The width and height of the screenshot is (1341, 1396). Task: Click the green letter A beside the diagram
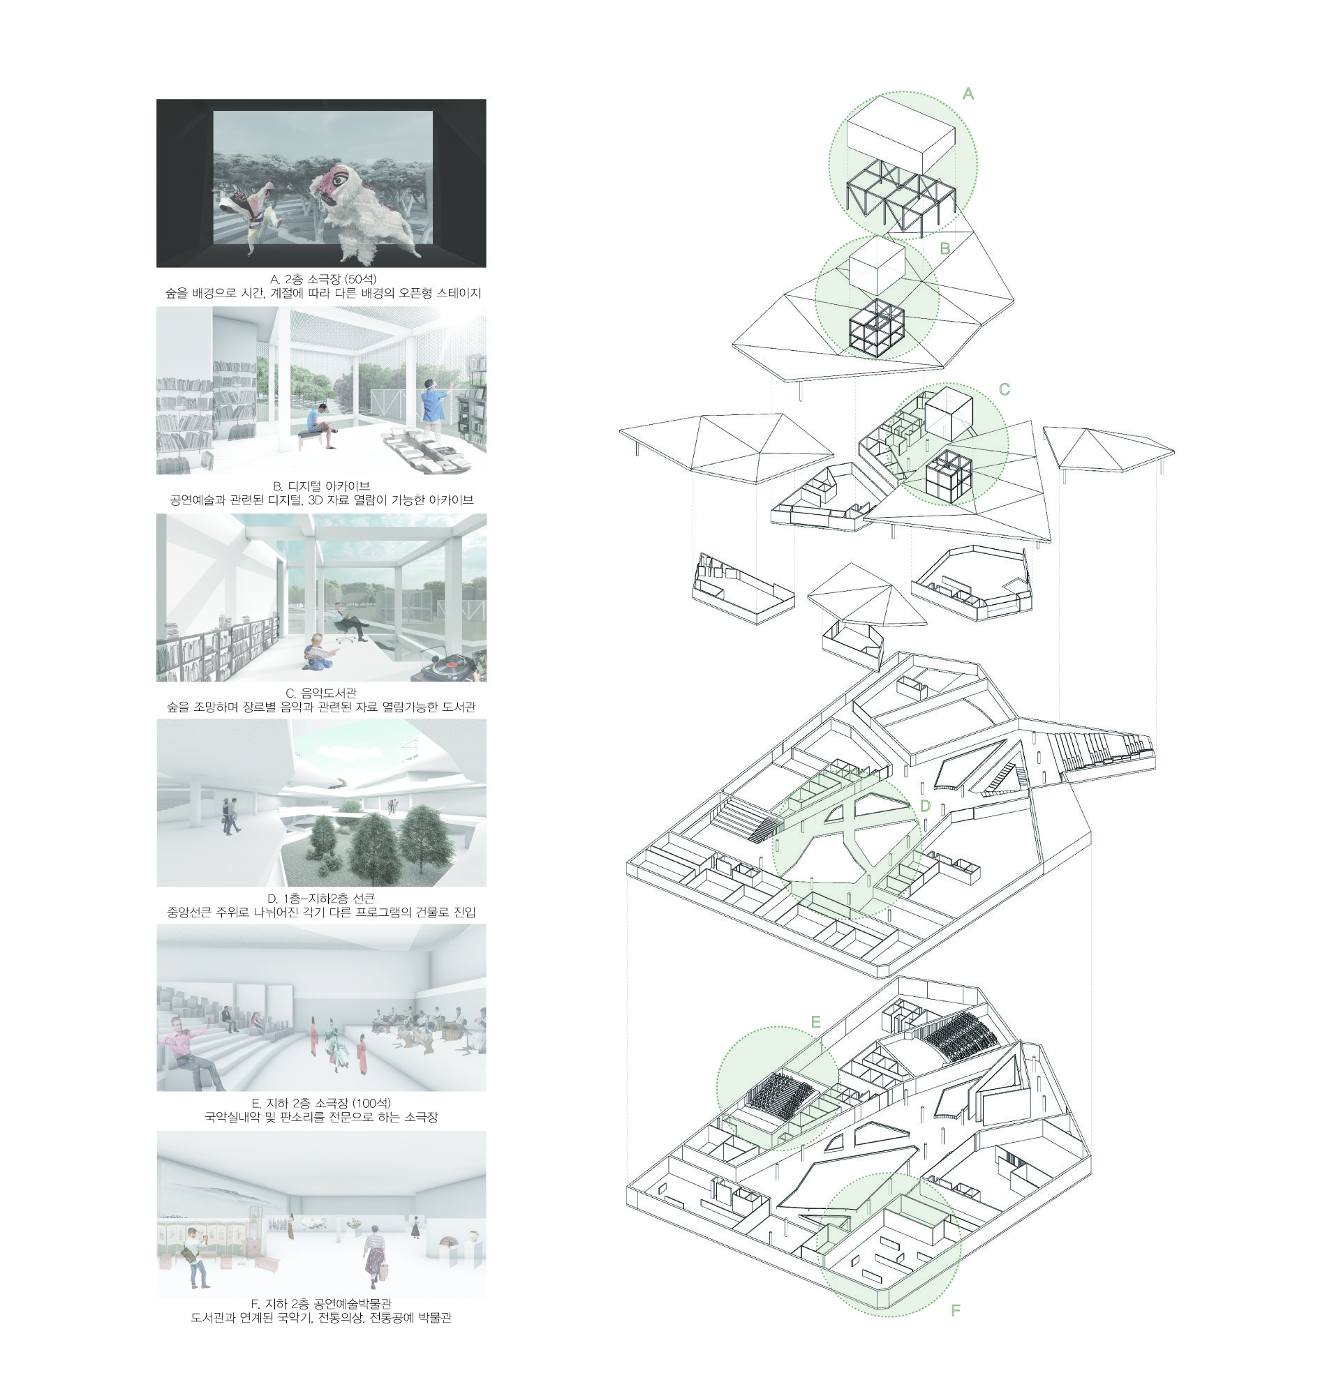coord(968,93)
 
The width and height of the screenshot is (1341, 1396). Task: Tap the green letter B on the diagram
coord(944,248)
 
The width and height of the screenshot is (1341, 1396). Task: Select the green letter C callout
coord(1004,389)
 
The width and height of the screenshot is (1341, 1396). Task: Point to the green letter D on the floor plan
coord(925,806)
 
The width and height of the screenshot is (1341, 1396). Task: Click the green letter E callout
coord(816,1022)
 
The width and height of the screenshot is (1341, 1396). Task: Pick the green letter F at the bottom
coord(956,1309)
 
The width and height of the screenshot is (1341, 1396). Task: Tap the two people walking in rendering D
coord(230,816)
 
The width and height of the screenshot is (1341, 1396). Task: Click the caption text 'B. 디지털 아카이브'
coord(321,486)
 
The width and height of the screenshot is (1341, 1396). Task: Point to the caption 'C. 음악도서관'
coord(321,692)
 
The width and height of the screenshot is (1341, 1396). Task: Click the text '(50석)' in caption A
coord(360,278)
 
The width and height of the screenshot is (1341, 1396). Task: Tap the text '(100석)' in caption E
coord(372,1102)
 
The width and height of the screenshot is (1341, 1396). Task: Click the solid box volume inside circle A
coord(901,137)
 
